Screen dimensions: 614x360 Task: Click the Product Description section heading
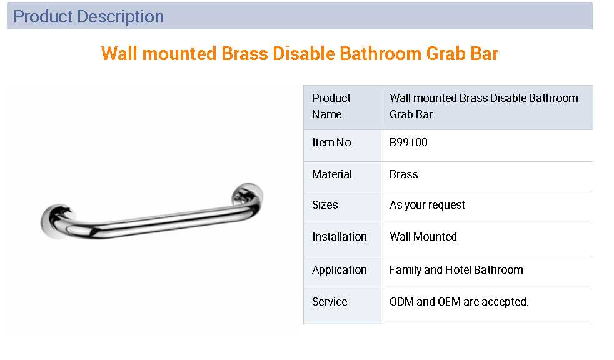89,17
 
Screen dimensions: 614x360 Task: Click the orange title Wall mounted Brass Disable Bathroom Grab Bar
299,54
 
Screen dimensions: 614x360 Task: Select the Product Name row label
331,106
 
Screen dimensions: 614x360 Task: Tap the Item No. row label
333,142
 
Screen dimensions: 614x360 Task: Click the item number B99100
408,142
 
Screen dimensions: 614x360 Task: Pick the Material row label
331,174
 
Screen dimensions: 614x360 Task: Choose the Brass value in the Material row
403,174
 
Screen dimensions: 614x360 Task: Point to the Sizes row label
325,205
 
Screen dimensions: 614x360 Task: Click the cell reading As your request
427,206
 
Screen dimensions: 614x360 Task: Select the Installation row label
339,237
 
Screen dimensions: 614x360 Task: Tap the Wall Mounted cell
423,237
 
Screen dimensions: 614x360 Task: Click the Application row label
339,271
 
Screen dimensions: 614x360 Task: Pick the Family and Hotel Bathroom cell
456,270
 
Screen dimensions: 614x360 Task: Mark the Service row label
330,302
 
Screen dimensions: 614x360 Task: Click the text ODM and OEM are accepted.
459,302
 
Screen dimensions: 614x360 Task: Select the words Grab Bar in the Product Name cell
411,114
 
